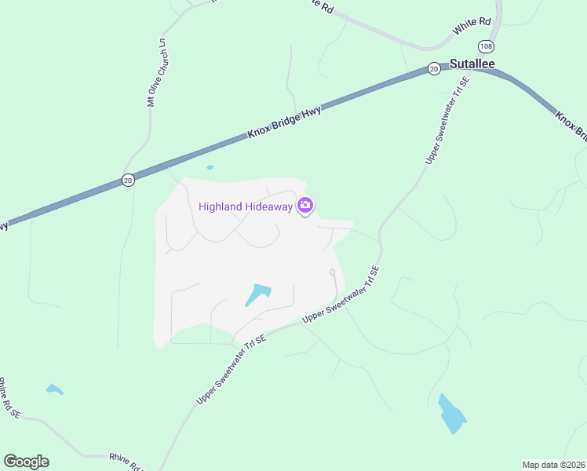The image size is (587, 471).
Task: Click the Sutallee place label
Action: coord(472,64)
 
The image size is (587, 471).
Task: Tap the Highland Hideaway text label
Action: coord(246,206)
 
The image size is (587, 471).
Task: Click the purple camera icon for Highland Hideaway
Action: coord(305,206)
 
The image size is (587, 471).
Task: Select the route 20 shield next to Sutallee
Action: coord(434,69)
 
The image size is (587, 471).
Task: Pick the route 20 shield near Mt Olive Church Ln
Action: coord(128,180)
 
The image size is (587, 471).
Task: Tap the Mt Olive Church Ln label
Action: coord(155,71)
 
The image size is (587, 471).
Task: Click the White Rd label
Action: coord(472,28)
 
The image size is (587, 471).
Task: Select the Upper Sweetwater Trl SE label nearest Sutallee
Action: coord(447,119)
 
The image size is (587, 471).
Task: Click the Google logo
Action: coord(26,462)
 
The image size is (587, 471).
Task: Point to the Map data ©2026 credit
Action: coord(554,465)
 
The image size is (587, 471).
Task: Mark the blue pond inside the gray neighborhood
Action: coord(257,294)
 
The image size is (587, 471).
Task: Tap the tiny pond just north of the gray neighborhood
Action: coord(210,167)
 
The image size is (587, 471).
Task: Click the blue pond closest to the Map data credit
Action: coord(451,414)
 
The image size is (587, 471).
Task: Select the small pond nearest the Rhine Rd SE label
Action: coord(53,389)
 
